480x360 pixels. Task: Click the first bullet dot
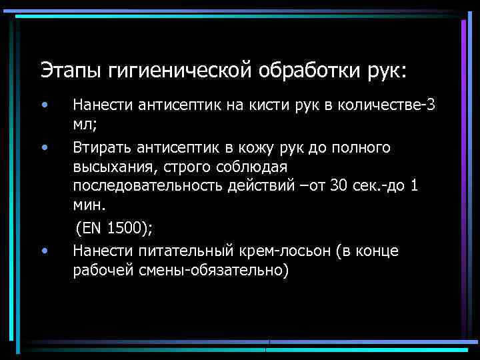pos(43,105)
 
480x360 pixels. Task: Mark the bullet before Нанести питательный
pos(43,251)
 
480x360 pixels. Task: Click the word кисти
pos(247,105)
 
